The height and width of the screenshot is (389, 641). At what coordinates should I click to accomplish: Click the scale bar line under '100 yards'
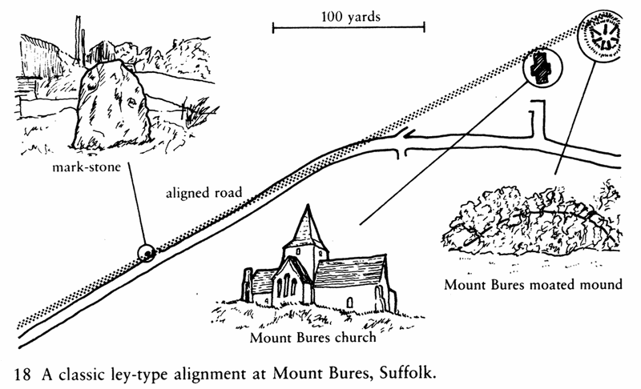pyautogui.click(x=349, y=30)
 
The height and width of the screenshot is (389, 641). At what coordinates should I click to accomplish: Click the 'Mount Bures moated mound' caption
pyautogui.click(x=532, y=284)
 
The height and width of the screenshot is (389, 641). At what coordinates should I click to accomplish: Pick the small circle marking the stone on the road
pyautogui.click(x=145, y=253)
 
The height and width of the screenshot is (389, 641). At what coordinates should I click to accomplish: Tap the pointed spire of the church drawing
pyautogui.click(x=308, y=225)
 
